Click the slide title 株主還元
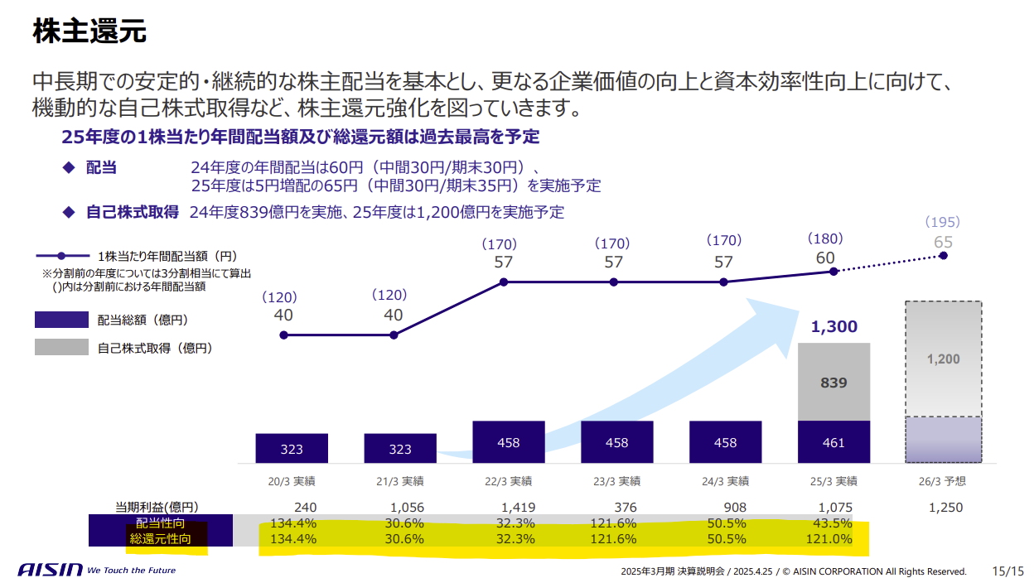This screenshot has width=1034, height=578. pyautogui.click(x=89, y=31)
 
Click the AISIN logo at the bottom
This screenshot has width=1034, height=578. pyautogui.click(x=50, y=570)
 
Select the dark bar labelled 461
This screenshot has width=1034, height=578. pyautogui.click(x=833, y=442)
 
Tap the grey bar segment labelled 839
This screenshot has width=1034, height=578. pyautogui.click(x=833, y=383)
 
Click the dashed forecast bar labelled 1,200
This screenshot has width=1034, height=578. pyautogui.click(x=943, y=359)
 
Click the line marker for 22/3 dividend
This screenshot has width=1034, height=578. pyautogui.click(x=504, y=282)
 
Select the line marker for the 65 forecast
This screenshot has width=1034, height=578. pyautogui.click(x=943, y=256)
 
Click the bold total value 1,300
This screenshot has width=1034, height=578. pyautogui.click(x=833, y=326)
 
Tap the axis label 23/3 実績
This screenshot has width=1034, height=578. pyautogui.click(x=617, y=481)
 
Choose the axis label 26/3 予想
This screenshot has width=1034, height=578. pyautogui.click(x=943, y=481)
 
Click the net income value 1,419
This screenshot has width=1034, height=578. pyautogui.click(x=518, y=507)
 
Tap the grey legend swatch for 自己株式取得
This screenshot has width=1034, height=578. pyautogui.click(x=61, y=347)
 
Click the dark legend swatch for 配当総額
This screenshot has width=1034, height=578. pyautogui.click(x=61, y=320)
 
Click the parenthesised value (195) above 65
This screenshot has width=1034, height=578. pyautogui.click(x=943, y=222)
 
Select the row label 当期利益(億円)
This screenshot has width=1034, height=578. pyautogui.click(x=157, y=507)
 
